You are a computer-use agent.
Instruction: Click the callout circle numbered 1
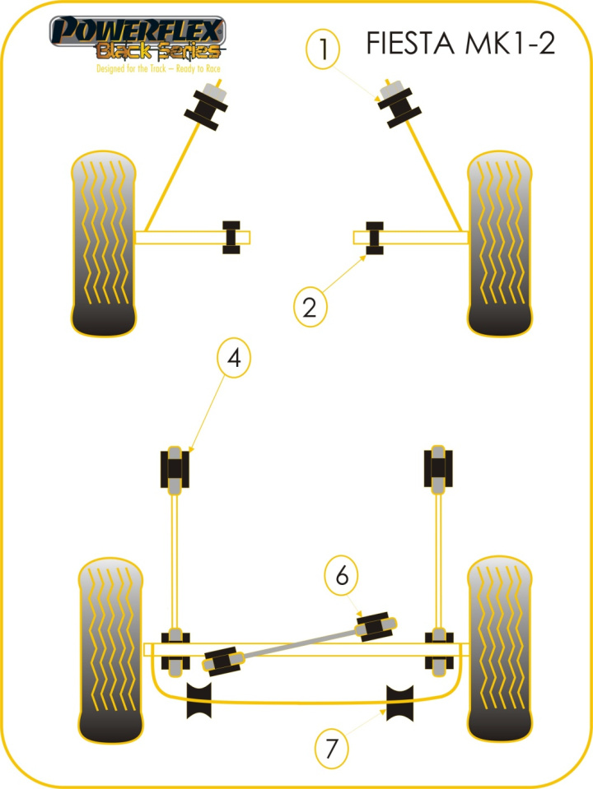pos(324,49)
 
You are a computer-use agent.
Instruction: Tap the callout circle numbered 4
pos(234,359)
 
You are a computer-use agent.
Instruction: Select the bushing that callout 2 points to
pos(376,238)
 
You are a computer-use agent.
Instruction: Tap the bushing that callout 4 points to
pos(175,470)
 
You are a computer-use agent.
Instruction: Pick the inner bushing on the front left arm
pos(231,238)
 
